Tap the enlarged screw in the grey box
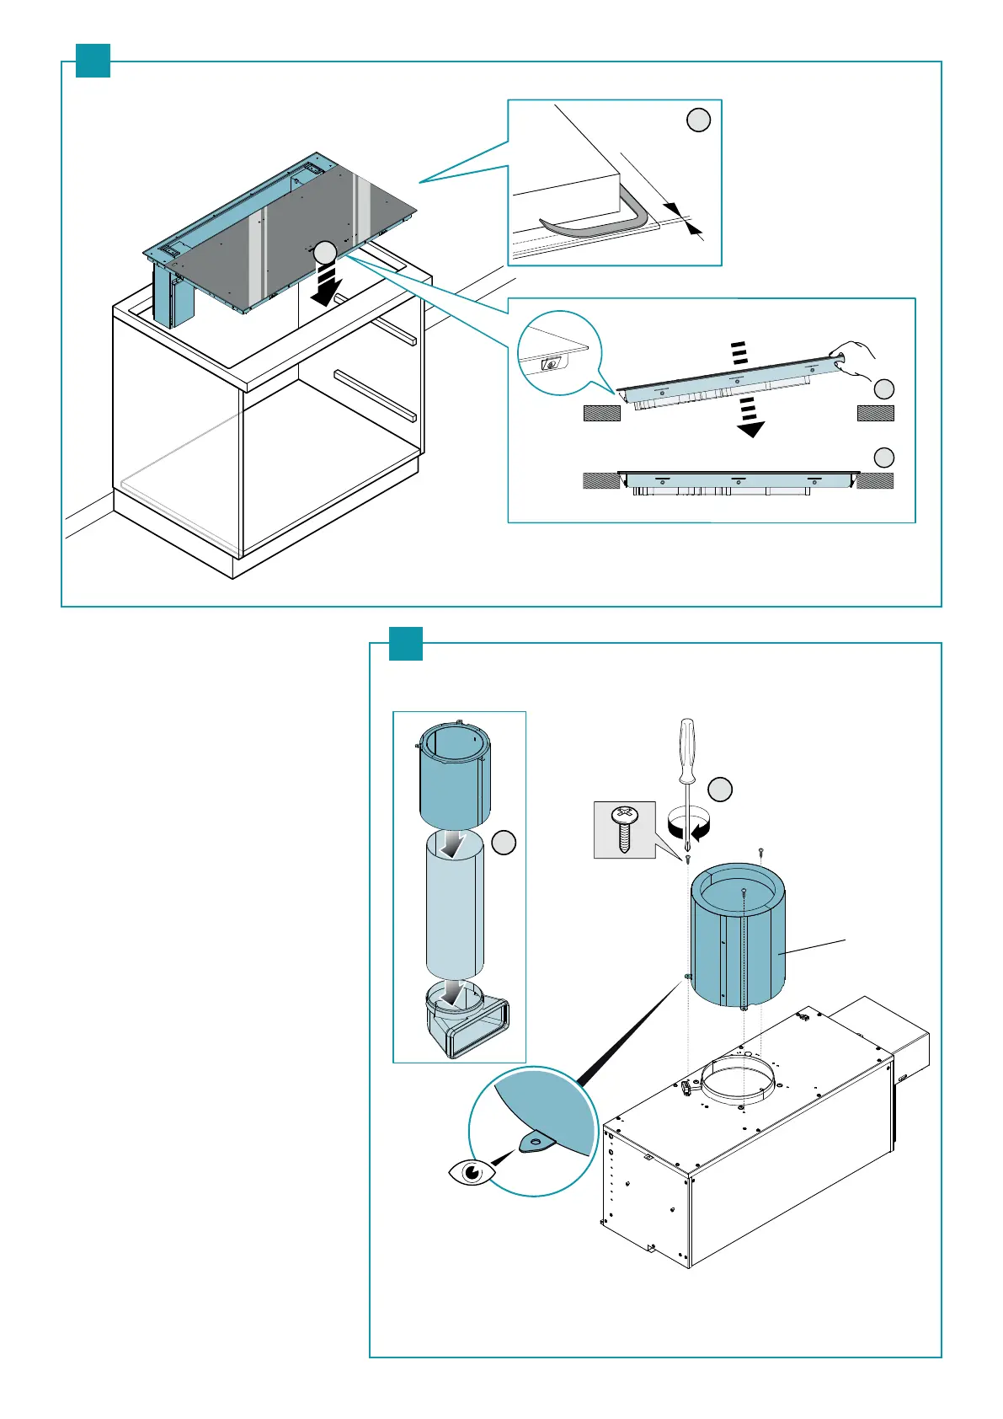point(624,829)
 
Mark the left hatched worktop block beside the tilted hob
point(601,413)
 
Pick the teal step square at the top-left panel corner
point(93,61)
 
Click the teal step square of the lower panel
point(405,644)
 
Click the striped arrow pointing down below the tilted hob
point(746,416)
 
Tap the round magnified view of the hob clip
point(559,352)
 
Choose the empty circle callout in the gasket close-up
point(698,120)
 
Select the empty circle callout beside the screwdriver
point(720,790)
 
